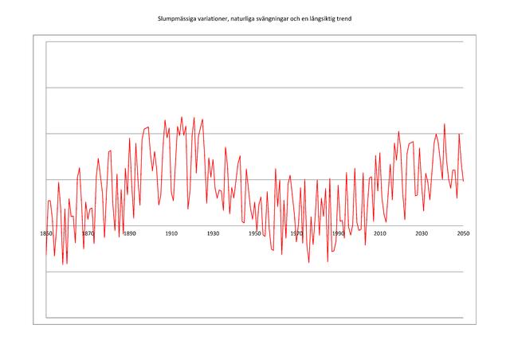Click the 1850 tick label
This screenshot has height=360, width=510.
(x=46, y=233)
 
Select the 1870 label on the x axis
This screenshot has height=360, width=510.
(x=88, y=233)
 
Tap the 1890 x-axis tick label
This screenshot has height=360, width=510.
(x=129, y=233)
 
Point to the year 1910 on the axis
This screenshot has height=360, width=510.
(x=171, y=233)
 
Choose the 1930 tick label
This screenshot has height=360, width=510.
(x=213, y=233)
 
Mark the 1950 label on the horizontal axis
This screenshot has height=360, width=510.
(x=254, y=233)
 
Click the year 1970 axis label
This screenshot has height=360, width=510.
(x=296, y=233)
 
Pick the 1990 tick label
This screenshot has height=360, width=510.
(x=338, y=233)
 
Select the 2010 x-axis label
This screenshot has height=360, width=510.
(x=379, y=233)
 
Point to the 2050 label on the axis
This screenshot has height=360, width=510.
(x=462, y=233)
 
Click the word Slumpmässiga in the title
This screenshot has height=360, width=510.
(x=177, y=20)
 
